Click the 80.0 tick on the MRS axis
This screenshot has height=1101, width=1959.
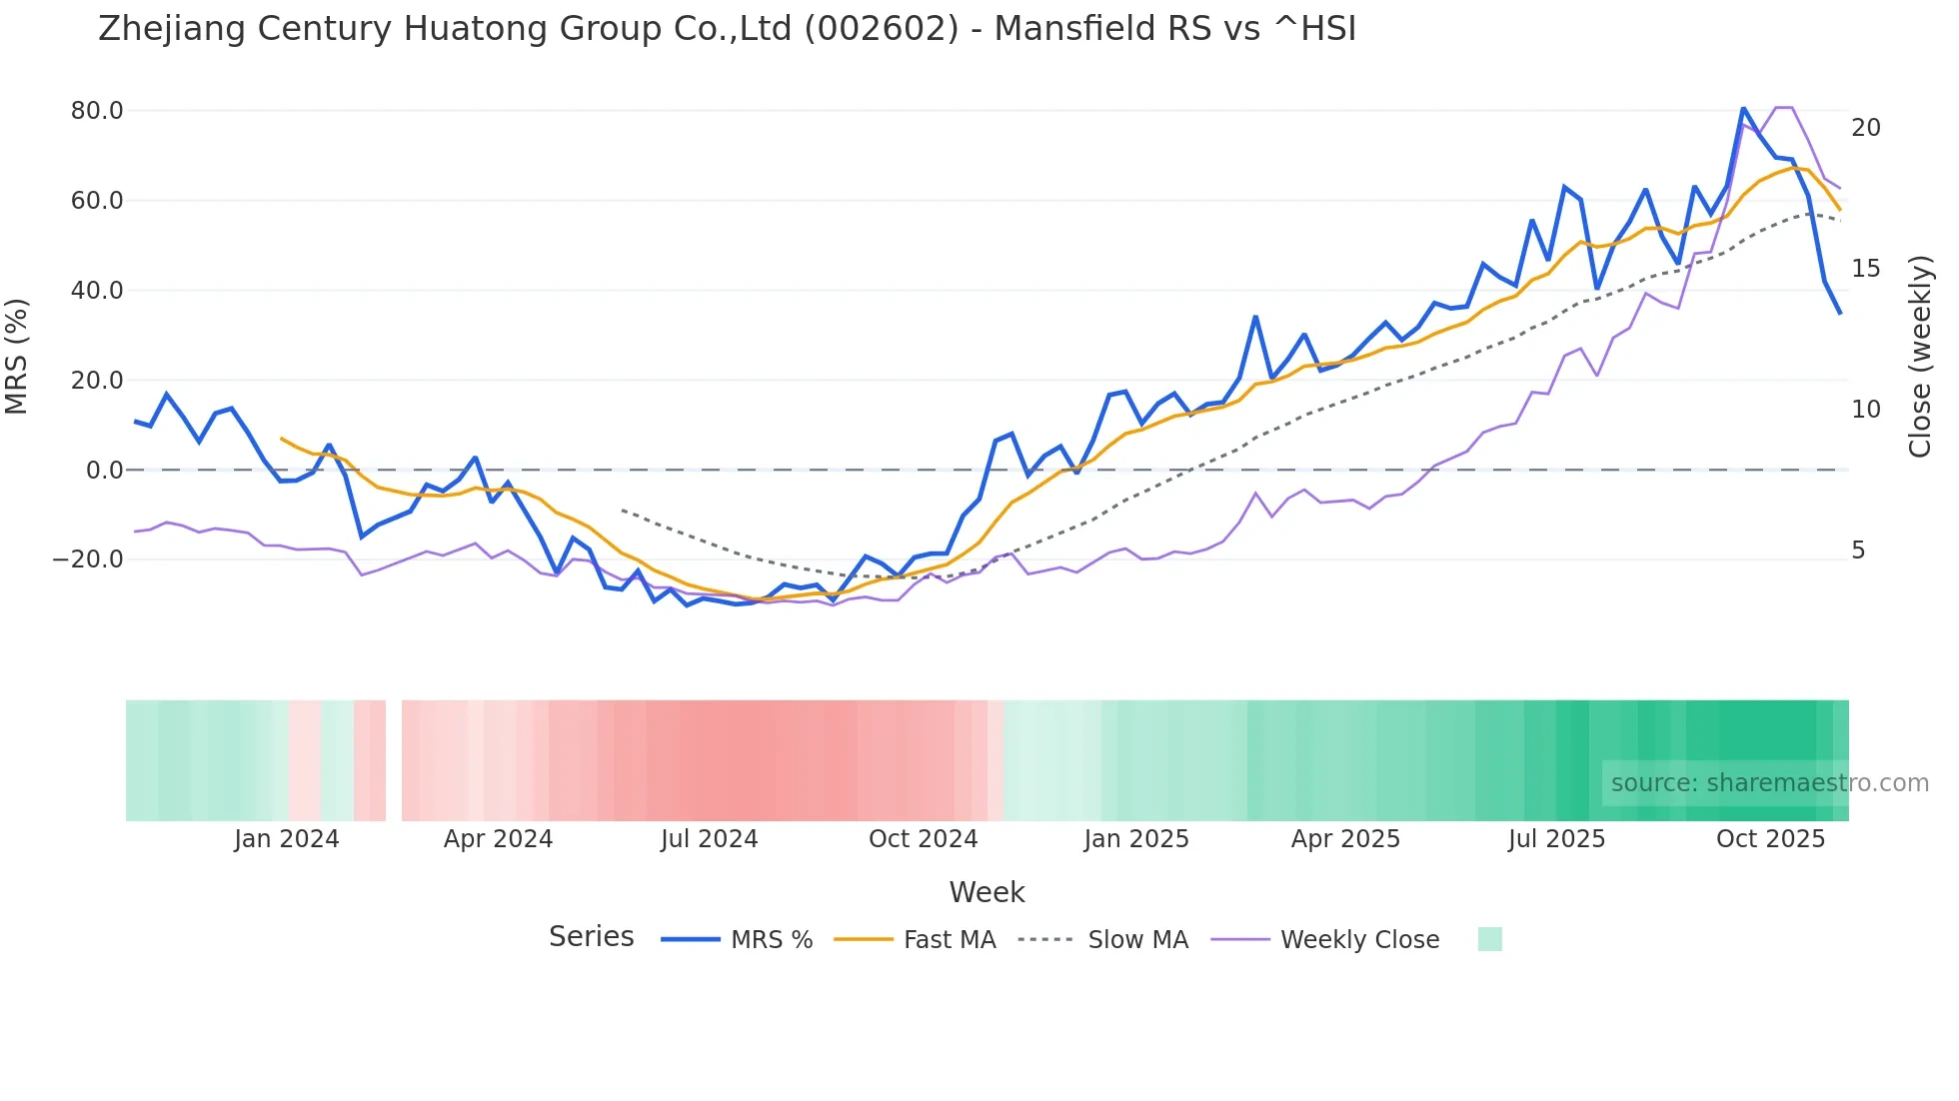click(x=96, y=111)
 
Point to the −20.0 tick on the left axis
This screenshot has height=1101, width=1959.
click(x=88, y=559)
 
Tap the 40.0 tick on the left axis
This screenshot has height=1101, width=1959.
click(x=96, y=291)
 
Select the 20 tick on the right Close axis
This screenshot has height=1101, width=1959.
click(x=1865, y=128)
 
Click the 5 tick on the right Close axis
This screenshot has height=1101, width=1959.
click(x=1858, y=550)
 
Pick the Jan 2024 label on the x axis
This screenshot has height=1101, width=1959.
click(x=287, y=839)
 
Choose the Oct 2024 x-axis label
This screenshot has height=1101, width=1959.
click(x=923, y=839)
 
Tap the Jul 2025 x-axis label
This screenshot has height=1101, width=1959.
click(x=1556, y=839)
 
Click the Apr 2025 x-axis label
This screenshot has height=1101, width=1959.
click(x=1345, y=839)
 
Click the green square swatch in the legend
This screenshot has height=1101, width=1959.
click(x=1489, y=939)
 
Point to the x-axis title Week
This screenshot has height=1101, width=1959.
click(x=986, y=892)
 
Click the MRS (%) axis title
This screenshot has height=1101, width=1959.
click(x=17, y=357)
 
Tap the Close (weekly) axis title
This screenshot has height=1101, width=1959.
click(x=1919, y=357)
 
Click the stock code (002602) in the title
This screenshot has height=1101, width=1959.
click(x=881, y=28)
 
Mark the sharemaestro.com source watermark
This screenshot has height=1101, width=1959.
click(x=1769, y=783)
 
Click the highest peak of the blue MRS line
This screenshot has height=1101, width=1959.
click(x=1743, y=108)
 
